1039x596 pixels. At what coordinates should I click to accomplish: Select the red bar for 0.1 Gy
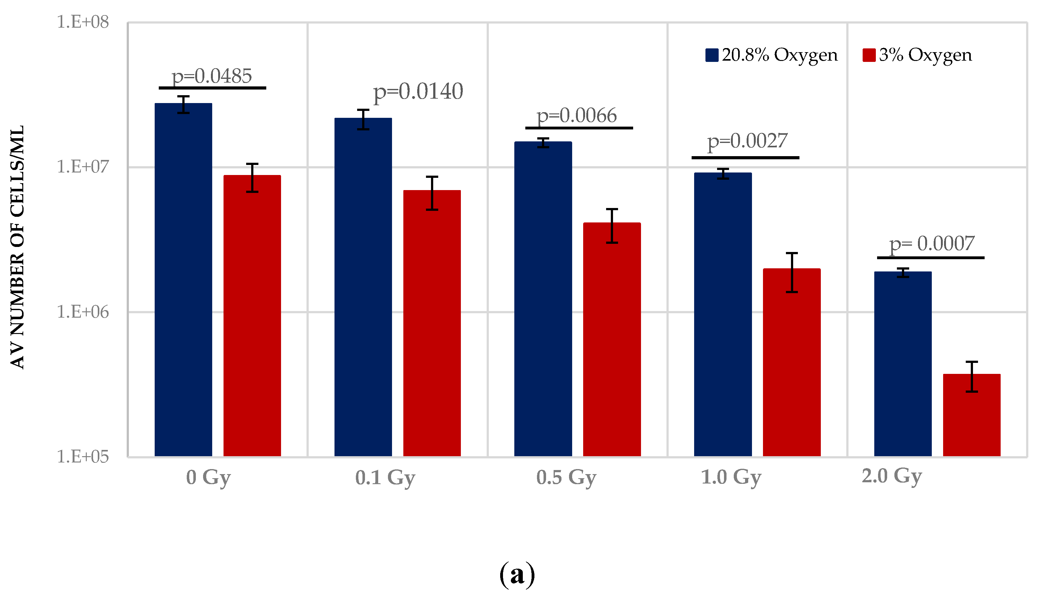pos(432,323)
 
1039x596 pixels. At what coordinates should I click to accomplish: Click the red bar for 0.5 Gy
pos(611,339)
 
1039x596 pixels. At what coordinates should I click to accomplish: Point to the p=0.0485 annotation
pos(212,76)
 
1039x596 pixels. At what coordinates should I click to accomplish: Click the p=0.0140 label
pos(418,92)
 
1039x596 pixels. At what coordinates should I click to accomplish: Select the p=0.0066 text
pos(577,116)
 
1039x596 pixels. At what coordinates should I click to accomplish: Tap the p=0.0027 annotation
pos(747,141)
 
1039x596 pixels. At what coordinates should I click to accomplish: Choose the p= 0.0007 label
pos(932,244)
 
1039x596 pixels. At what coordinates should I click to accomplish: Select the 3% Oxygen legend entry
pos(917,55)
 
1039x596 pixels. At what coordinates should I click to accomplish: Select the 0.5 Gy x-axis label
pos(566,477)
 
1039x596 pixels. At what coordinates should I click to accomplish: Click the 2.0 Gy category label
pos(892,476)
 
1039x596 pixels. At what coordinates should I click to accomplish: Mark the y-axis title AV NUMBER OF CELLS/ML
pos(17,247)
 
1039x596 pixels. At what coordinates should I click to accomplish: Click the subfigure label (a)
pos(517,574)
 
